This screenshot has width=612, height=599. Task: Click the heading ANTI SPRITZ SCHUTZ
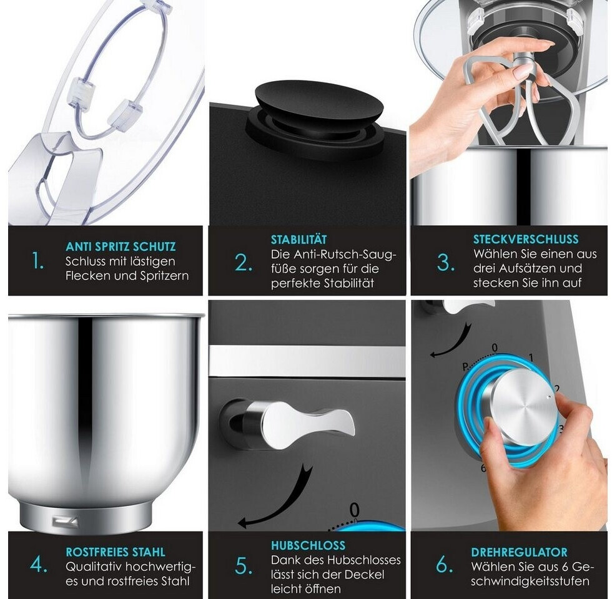[121, 246]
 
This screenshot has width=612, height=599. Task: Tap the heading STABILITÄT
[299, 240]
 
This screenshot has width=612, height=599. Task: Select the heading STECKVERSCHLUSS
[526, 239]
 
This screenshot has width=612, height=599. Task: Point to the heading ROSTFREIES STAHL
[116, 552]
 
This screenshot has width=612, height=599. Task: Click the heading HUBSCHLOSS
[308, 545]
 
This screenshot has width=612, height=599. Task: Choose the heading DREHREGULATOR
[519, 552]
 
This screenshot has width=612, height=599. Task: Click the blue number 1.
[38, 261]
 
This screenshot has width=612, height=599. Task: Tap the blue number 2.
[243, 263]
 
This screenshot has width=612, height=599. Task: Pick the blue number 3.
[445, 263]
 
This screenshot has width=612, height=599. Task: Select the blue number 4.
[39, 565]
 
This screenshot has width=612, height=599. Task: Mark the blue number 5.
[243, 567]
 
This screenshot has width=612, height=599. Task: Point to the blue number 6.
[445, 564]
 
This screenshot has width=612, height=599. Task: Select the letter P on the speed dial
[465, 367]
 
